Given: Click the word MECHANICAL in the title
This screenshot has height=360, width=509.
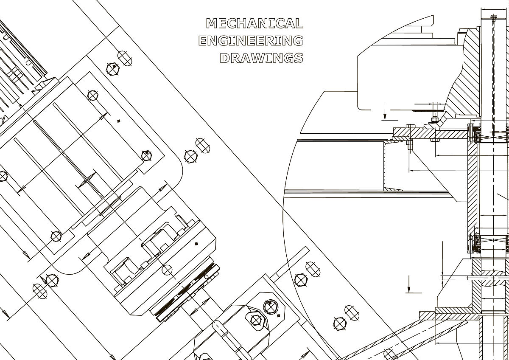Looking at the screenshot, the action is pos(255,23).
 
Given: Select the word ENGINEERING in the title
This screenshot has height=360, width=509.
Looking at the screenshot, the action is pos(251,41).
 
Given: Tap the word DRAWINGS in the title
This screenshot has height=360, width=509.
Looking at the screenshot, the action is pos(262,58).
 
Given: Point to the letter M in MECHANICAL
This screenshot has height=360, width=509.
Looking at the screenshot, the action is pos(211,23).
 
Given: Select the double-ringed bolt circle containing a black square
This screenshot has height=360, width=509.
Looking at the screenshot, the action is pos(271,307).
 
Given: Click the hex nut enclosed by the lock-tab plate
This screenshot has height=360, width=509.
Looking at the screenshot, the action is pos(256,320).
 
